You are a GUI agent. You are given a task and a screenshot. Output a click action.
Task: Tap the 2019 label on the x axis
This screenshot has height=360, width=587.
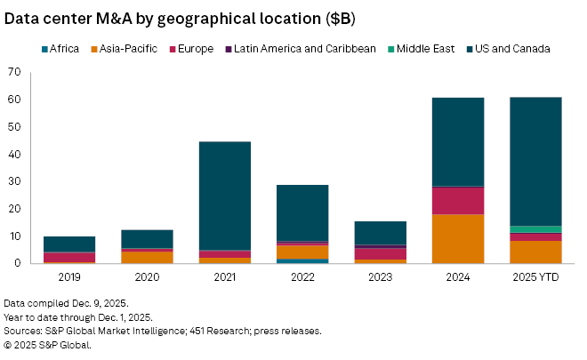point(69,277)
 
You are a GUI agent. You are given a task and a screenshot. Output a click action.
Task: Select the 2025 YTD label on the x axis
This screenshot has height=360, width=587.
point(535,277)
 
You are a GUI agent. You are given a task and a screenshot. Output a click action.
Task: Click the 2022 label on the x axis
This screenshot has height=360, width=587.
point(302,277)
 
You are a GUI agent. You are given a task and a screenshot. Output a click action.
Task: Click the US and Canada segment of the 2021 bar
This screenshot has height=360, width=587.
point(225,196)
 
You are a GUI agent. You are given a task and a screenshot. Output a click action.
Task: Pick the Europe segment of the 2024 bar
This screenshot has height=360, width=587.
point(458,201)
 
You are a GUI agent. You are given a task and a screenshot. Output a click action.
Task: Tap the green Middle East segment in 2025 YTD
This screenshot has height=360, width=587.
point(535,229)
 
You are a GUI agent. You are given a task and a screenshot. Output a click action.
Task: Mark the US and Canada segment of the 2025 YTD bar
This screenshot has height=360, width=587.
point(535,160)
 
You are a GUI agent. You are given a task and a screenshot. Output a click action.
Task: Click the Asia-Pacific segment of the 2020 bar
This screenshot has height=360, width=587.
point(147,257)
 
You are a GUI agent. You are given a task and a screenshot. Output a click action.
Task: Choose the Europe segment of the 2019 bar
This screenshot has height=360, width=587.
point(69,257)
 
